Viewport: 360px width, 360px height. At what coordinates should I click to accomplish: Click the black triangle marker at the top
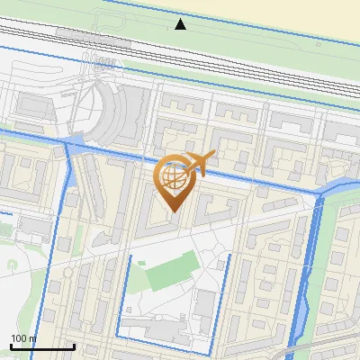tap(181, 24)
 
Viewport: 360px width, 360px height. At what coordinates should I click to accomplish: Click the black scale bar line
tap(41, 346)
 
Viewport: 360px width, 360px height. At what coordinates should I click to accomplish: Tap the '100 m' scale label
tap(23, 337)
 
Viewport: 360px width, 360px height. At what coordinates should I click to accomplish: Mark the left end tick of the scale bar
tap(11, 345)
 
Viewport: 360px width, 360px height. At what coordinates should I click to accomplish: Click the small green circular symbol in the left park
tap(12, 265)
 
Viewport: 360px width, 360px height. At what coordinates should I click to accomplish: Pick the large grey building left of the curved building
tap(36, 106)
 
